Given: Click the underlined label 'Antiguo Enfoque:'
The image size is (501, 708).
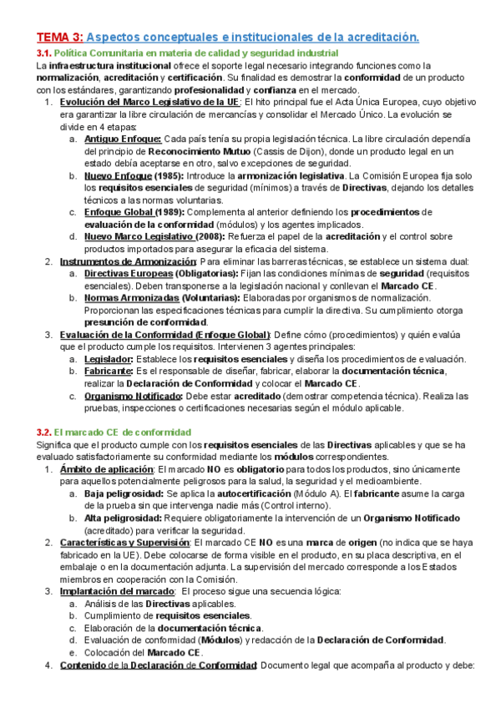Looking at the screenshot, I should pos(123,139).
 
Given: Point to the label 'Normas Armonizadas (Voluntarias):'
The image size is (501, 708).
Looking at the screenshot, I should pos(158,298).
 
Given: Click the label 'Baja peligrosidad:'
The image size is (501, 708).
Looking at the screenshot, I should pos(124,494).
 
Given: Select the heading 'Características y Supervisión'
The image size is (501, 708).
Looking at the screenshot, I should pos(125,543).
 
